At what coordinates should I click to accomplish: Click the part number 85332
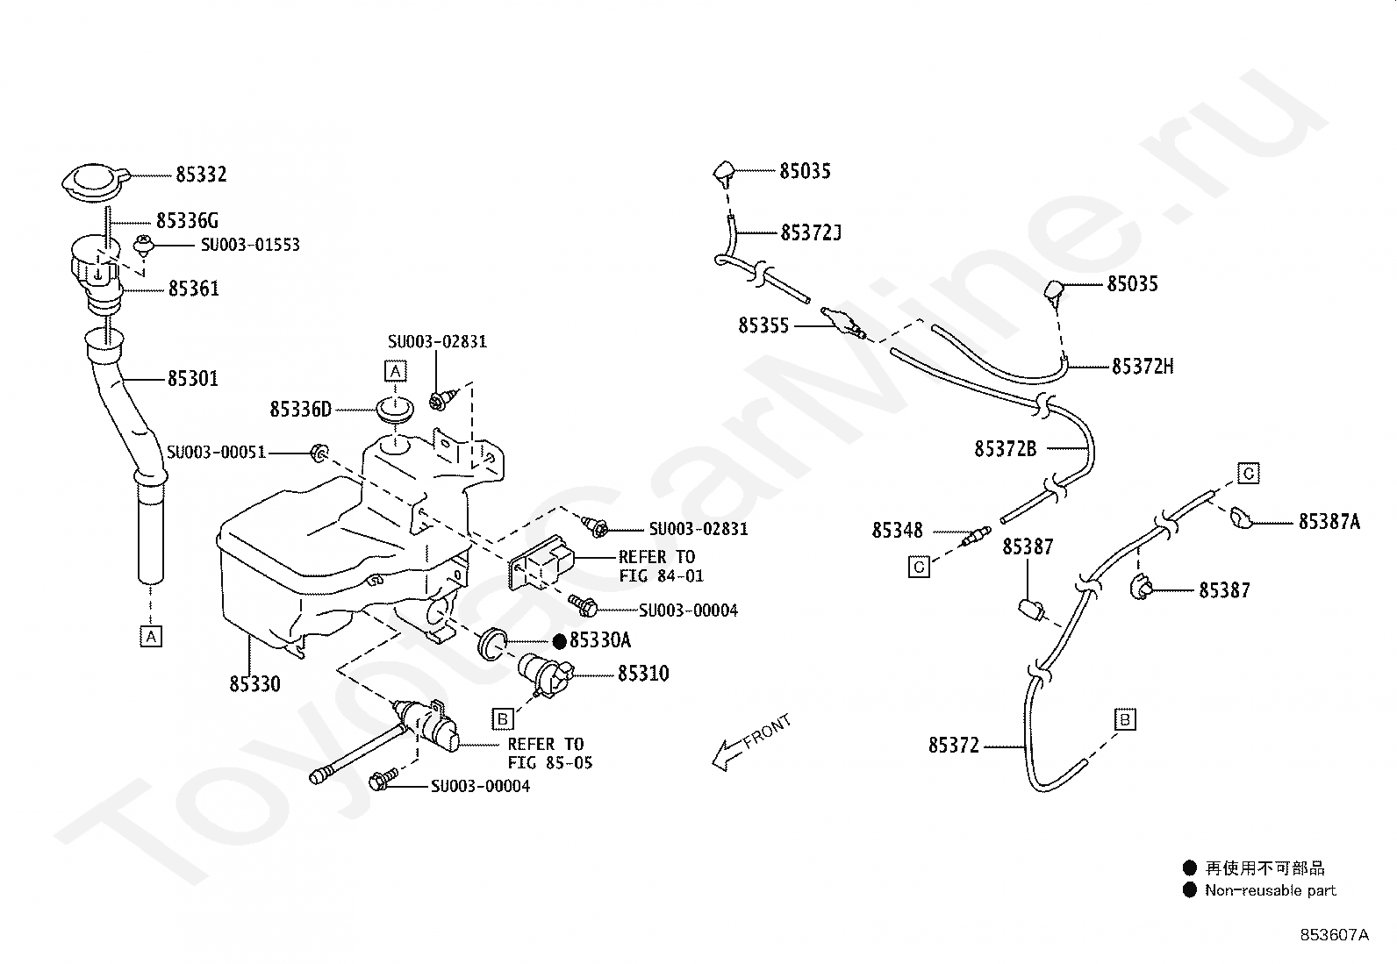point(201,174)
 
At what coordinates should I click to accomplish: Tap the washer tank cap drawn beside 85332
point(96,182)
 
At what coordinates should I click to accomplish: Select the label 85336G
point(187,220)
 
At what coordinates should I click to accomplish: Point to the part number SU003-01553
point(250,245)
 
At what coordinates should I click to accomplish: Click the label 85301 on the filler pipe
point(193,378)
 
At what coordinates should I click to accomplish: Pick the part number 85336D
point(301,409)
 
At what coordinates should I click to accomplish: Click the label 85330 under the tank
point(255,684)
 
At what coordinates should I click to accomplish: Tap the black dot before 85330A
point(560,640)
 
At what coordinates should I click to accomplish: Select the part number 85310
point(643,674)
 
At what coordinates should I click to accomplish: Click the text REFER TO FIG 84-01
point(661,566)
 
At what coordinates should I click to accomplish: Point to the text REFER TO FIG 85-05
point(550,753)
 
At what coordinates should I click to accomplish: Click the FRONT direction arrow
point(751,742)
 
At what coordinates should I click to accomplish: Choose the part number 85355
point(763,325)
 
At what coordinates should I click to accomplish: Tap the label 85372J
point(811,232)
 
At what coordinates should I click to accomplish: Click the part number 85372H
point(1143,366)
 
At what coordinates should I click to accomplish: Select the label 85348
point(897,530)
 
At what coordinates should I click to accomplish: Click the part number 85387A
point(1329,521)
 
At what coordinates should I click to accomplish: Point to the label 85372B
point(1006,448)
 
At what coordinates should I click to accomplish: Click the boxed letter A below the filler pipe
point(151,637)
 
